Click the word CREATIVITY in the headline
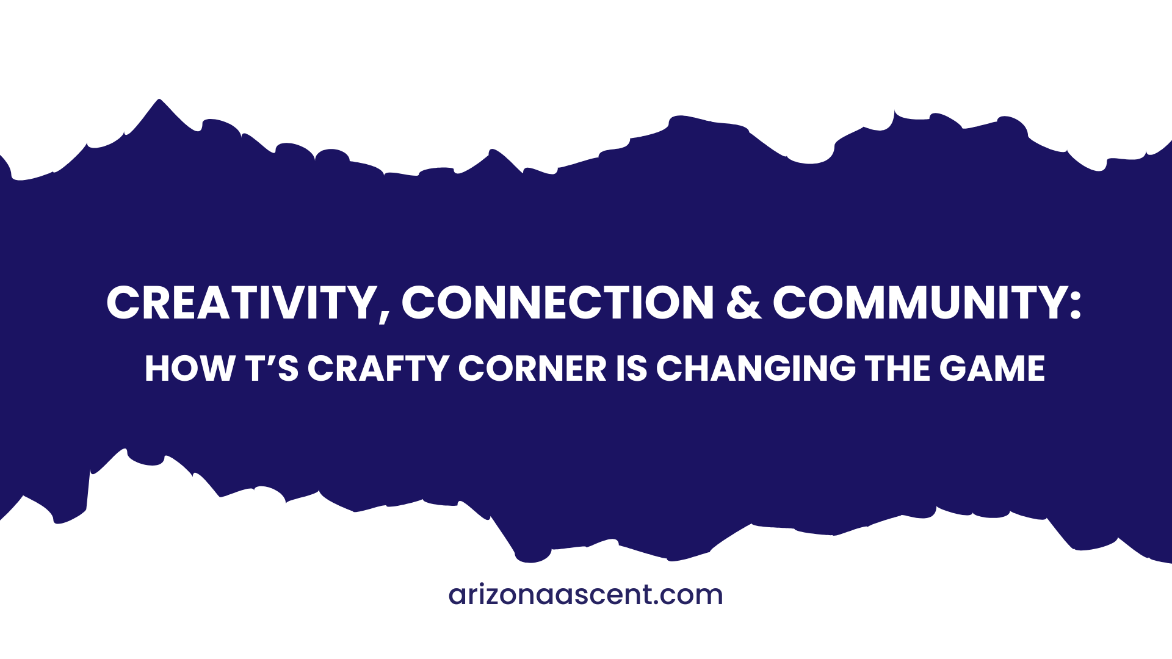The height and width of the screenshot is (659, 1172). click(242, 303)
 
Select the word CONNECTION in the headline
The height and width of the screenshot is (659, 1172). click(557, 303)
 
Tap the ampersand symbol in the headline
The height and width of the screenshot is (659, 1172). click(743, 303)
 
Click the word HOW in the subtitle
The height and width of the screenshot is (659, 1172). click(189, 369)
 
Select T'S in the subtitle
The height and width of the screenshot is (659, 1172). click(272, 369)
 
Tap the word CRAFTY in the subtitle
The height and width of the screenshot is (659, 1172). click(378, 369)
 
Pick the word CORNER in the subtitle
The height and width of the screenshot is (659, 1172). click(532, 369)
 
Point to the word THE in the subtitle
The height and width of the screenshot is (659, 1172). click(897, 369)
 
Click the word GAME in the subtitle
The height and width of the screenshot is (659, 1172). click(992, 369)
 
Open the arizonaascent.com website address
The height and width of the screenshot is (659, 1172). click(585, 595)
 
